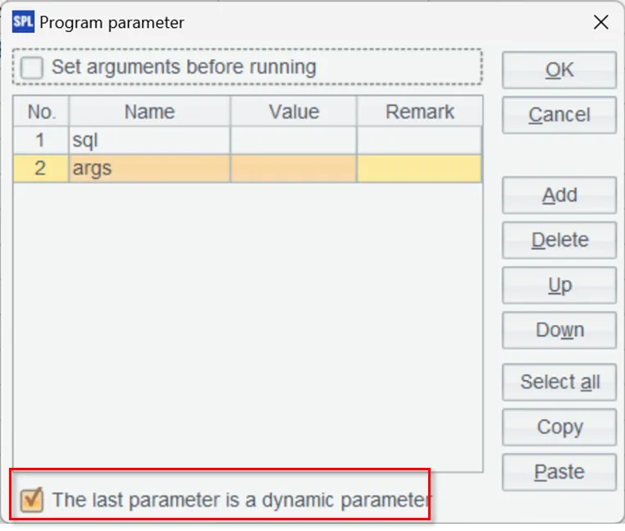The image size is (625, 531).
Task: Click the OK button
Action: (x=559, y=70)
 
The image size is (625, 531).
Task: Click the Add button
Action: (x=559, y=195)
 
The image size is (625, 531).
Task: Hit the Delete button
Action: (x=559, y=240)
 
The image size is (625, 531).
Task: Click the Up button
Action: (x=559, y=286)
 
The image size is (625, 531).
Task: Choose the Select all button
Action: (x=559, y=382)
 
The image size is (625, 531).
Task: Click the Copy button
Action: (x=559, y=427)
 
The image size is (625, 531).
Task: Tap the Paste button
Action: (x=559, y=472)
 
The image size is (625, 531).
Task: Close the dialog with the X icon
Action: (x=600, y=22)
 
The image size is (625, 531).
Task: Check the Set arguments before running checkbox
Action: (x=32, y=67)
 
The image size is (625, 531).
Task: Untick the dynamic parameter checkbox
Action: (x=32, y=500)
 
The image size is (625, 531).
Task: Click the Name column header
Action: (x=149, y=112)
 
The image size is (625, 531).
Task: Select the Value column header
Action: (x=294, y=112)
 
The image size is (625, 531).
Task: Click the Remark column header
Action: (x=420, y=112)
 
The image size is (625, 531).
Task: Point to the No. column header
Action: (x=41, y=112)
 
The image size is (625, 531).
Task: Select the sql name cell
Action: (x=149, y=140)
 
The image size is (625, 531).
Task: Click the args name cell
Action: (x=149, y=168)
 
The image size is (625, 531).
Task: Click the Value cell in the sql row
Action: (x=294, y=140)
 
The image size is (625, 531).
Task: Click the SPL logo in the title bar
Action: (x=23, y=21)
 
